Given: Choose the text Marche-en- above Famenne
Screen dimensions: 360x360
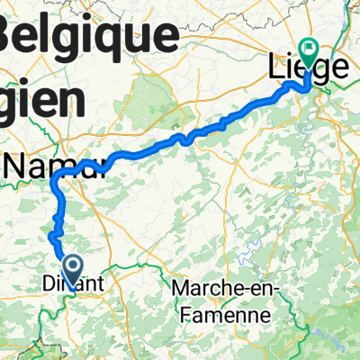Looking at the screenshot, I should (x=226, y=290).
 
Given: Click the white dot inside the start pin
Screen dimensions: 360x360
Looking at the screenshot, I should (x=74, y=263).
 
